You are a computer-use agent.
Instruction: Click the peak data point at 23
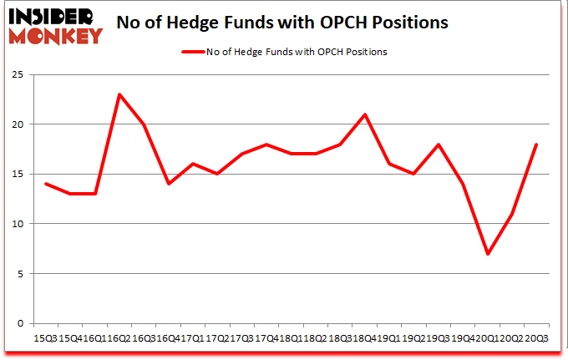click(x=119, y=94)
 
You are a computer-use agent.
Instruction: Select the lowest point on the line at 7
click(x=487, y=254)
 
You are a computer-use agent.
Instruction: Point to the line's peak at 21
click(x=365, y=114)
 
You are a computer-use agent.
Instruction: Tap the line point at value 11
click(x=511, y=214)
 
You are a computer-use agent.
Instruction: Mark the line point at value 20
click(x=144, y=124)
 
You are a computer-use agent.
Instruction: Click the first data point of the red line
click(x=46, y=184)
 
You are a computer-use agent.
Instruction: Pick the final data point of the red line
click(x=535, y=145)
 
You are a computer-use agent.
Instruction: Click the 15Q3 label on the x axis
click(x=46, y=337)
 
